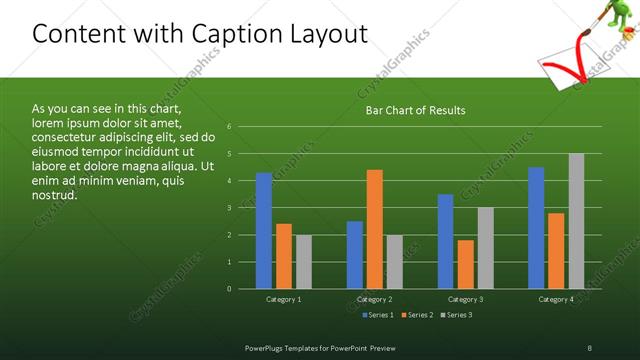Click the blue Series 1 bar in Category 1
coord(264,231)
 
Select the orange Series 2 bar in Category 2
coord(375,229)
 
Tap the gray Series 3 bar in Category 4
coord(577,221)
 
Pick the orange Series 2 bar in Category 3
coord(465,264)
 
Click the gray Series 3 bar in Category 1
coord(304,262)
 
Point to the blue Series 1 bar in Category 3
coord(445,241)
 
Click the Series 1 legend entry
coord(376,315)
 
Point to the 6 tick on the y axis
coord(230,127)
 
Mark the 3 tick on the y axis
coord(230,208)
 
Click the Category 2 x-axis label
coord(375,299)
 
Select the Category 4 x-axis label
coord(556,299)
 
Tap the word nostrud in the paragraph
coord(56,195)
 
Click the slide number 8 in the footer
coord(589,347)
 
